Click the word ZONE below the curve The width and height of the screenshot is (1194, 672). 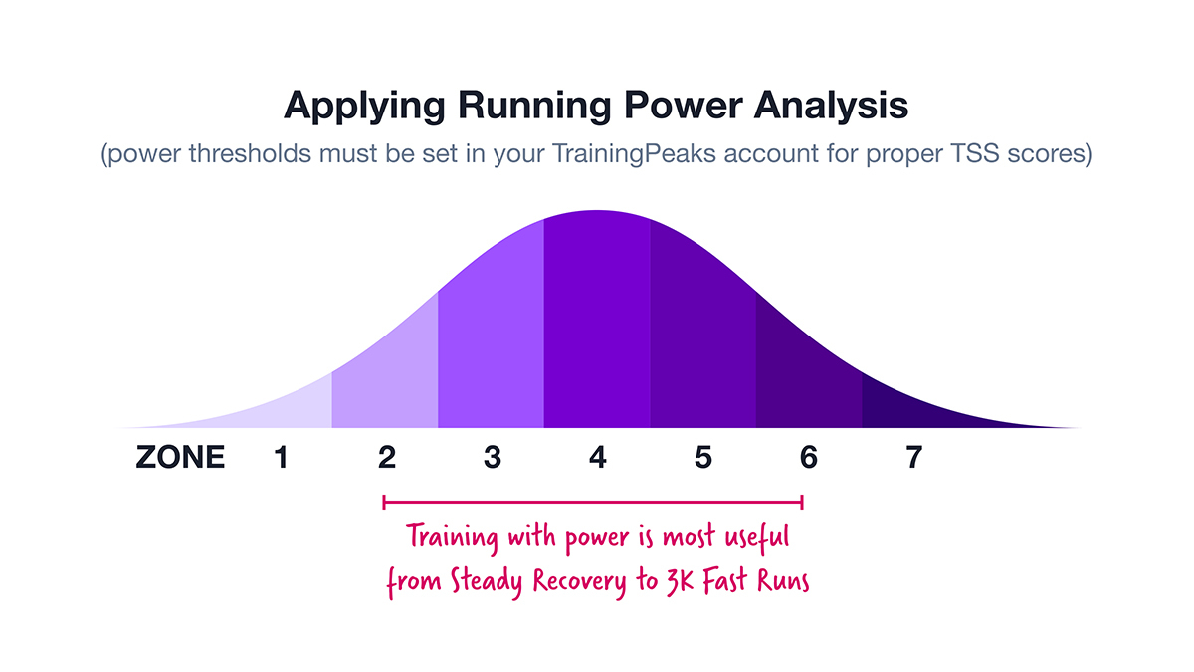(180, 457)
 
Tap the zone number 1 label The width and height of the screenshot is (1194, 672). (281, 457)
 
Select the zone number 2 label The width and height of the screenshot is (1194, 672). (387, 457)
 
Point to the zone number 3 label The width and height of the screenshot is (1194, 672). (493, 457)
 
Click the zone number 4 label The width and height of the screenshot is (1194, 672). (598, 457)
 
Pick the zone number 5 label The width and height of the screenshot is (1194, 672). (703, 457)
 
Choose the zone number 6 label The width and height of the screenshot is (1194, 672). (809, 457)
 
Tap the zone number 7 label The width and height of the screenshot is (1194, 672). (914, 457)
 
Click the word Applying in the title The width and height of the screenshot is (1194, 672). (364, 107)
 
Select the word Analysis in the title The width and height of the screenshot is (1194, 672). (831, 105)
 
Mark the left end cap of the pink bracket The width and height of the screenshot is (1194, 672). (384, 502)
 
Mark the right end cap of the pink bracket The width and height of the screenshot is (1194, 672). (802, 502)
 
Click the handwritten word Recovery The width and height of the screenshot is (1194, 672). (579, 581)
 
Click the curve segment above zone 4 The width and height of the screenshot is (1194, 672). (597, 320)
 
